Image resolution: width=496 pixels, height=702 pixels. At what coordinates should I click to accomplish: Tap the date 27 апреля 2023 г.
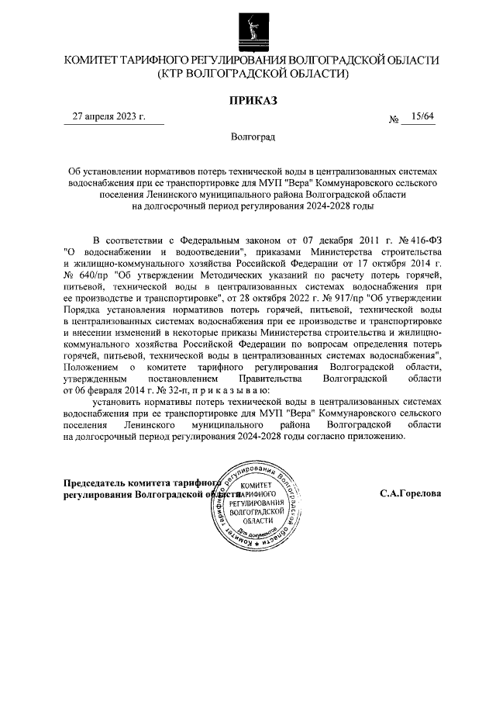pyautogui.click(x=108, y=117)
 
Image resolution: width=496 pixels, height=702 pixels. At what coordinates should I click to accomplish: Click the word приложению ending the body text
pyautogui.click(x=375, y=437)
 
